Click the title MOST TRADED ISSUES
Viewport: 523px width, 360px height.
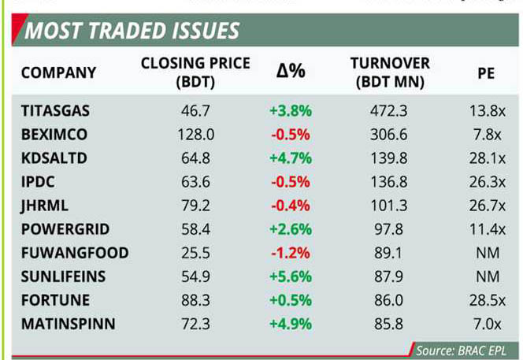click(x=132, y=32)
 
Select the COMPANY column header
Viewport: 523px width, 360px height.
click(x=58, y=72)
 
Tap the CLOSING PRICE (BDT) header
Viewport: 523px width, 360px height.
click(x=195, y=72)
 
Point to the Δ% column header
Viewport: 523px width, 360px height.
click(x=290, y=72)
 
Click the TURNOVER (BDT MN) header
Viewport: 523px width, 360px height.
click(x=389, y=72)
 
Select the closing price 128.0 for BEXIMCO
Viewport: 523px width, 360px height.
click(x=195, y=135)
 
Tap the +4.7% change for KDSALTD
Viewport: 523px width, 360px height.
click(x=291, y=158)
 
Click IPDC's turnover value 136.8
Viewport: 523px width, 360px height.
click(x=388, y=182)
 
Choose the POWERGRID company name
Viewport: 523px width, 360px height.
click(x=65, y=229)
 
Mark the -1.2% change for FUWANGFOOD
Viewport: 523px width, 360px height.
click(x=291, y=253)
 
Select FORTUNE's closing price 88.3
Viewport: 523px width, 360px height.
click(x=195, y=300)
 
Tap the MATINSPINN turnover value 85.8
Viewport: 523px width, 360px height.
click(x=388, y=324)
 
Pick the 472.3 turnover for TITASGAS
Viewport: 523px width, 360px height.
click(x=388, y=111)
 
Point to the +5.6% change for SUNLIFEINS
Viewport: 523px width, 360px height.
click(x=291, y=276)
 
